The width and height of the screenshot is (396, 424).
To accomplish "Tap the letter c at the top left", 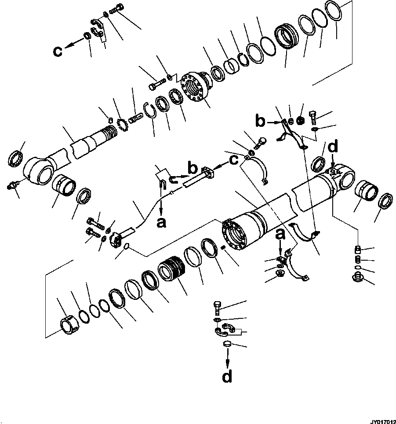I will click(58, 51).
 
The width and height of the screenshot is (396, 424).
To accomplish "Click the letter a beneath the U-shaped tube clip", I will click(161, 223).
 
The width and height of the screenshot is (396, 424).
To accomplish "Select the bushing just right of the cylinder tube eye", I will click(366, 193).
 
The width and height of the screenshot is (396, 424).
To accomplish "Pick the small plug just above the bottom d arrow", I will click(227, 344).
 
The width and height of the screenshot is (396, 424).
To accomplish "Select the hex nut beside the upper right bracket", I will click(301, 120).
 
